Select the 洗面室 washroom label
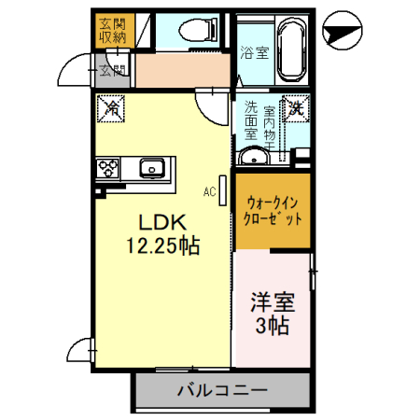pyautogui.click(x=251, y=120)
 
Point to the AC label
pyautogui.click(x=210, y=191)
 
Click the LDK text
pyautogui.click(x=163, y=223)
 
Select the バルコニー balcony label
pyautogui.click(x=222, y=390)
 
